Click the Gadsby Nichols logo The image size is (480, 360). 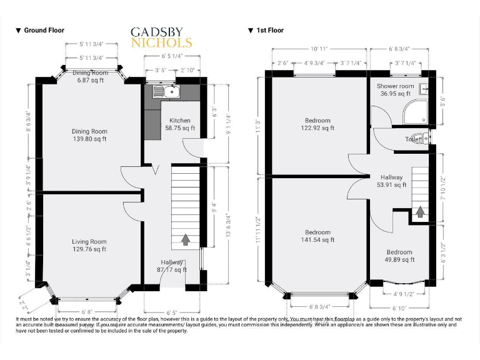pyautogui.click(x=161, y=37)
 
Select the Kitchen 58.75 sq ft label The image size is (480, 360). pyautogui.click(x=178, y=124)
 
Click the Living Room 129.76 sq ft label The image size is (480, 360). pyautogui.click(x=89, y=246)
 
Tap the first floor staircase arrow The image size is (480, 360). pyautogui.click(x=420, y=212)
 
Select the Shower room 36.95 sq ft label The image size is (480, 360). pyautogui.click(x=396, y=90)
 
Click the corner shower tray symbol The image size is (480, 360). pyautogui.click(x=416, y=111)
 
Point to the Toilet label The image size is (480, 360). pyautogui.click(x=413, y=139)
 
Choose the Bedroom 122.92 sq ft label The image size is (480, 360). pyautogui.click(x=317, y=124)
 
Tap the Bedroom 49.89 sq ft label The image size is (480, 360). pyautogui.click(x=399, y=256)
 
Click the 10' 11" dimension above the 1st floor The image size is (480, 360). pyautogui.click(x=319, y=48)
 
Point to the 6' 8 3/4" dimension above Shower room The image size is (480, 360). pyautogui.click(x=401, y=48)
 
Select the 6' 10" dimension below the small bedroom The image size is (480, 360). pyautogui.click(x=399, y=308)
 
